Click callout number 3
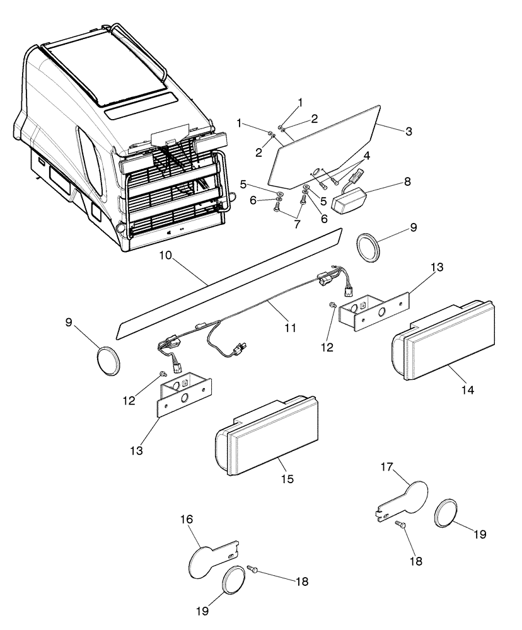pos(409,132)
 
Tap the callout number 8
pos(408,181)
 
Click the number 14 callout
pos(467,390)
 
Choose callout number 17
pos(386,467)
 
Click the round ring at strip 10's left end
pos(108,361)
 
